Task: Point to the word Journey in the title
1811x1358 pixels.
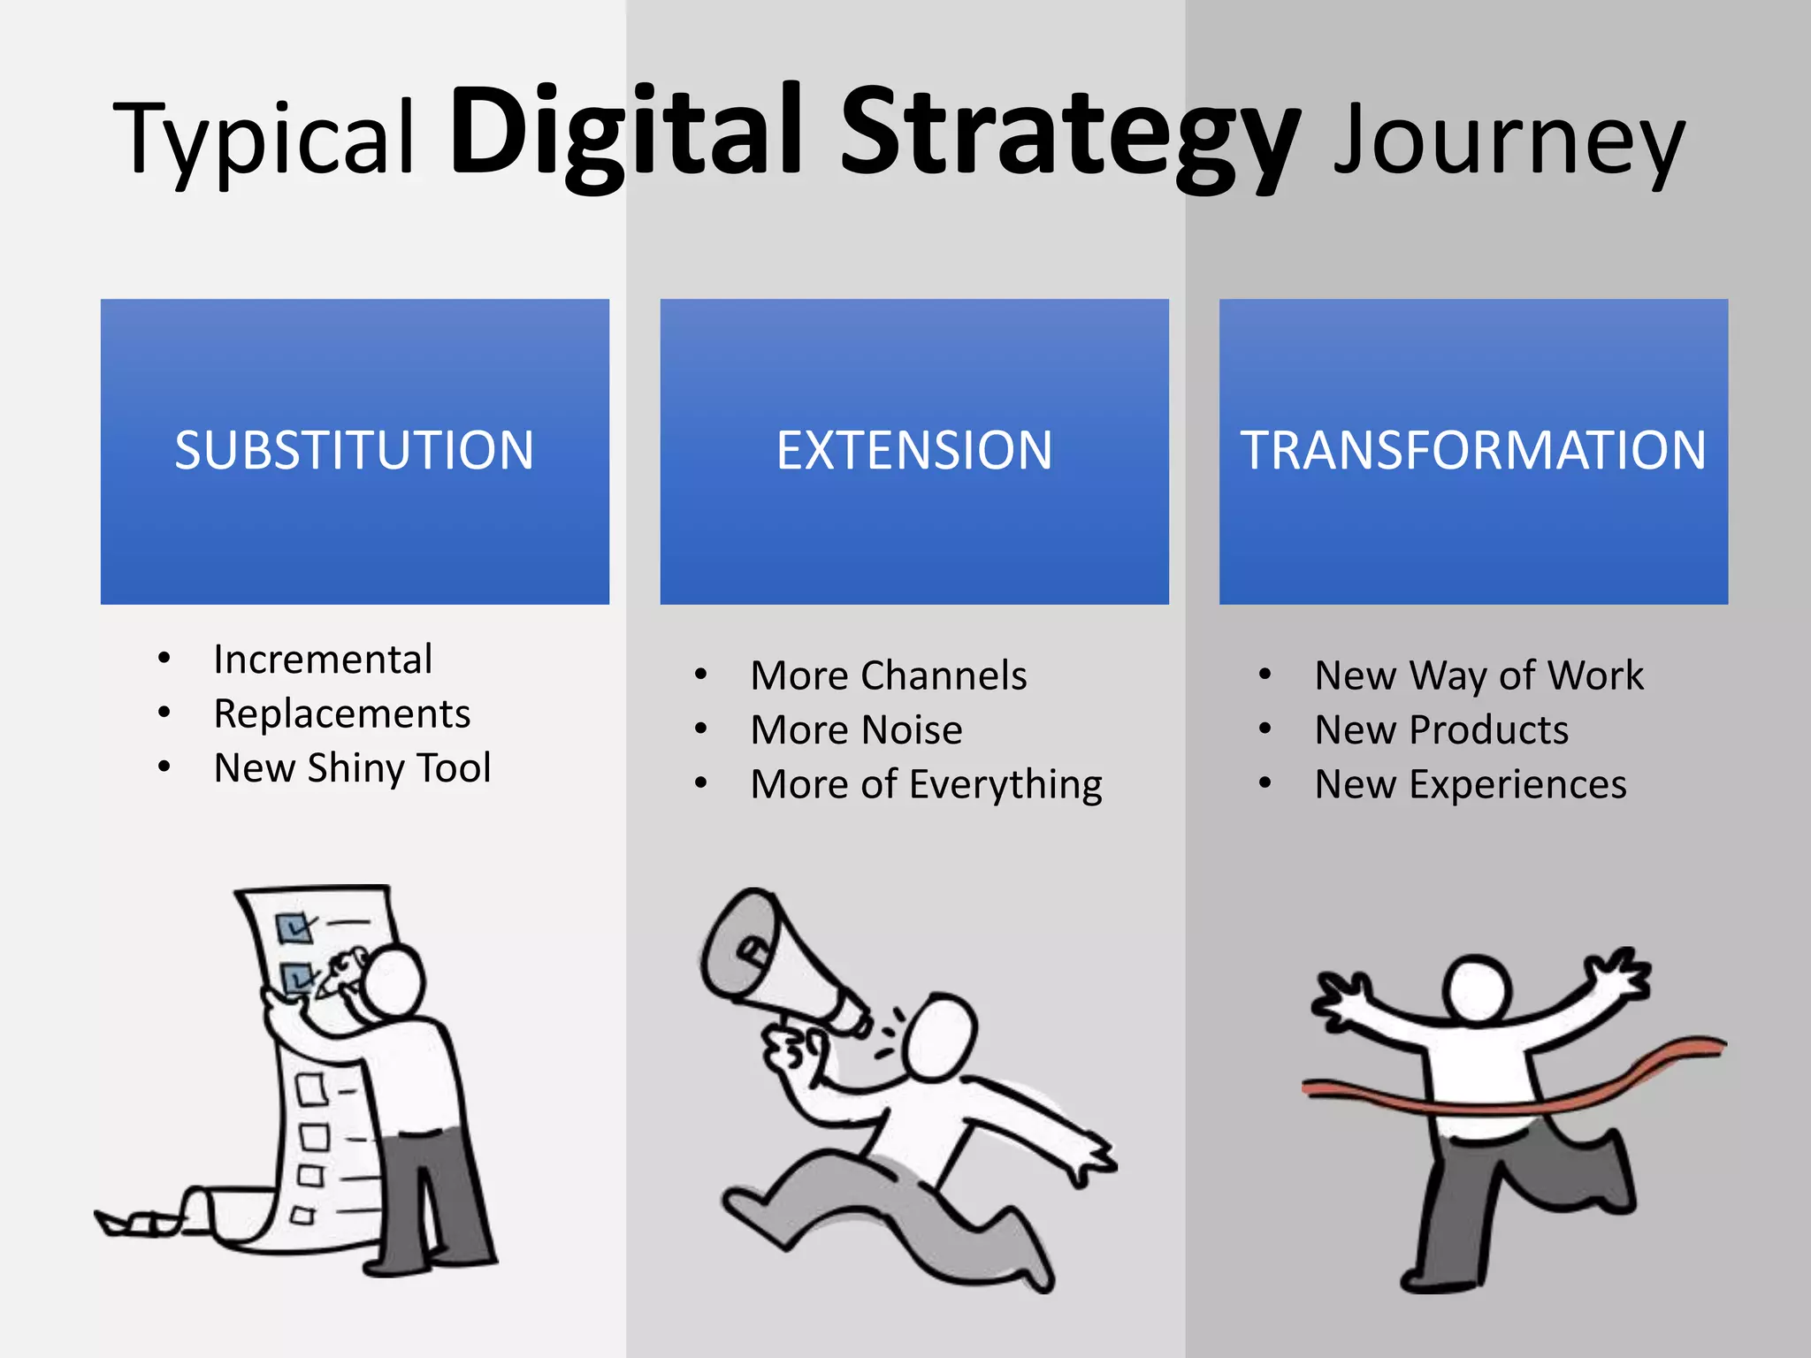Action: (x=1509, y=141)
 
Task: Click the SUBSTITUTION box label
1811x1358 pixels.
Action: (x=355, y=450)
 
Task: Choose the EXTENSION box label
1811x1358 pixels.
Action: (x=914, y=450)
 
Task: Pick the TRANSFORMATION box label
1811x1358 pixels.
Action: (x=1473, y=450)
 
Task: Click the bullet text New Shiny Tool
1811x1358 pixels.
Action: (x=352, y=767)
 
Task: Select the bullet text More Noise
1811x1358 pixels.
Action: (x=856, y=730)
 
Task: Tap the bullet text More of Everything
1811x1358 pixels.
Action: (x=926, y=784)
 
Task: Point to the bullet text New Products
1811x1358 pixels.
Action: (x=1441, y=730)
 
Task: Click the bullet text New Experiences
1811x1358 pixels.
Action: (x=1471, y=784)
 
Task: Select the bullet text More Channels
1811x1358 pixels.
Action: (x=889, y=675)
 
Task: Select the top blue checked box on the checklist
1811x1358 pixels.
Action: (x=293, y=927)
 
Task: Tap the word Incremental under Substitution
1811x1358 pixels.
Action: (x=323, y=660)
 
